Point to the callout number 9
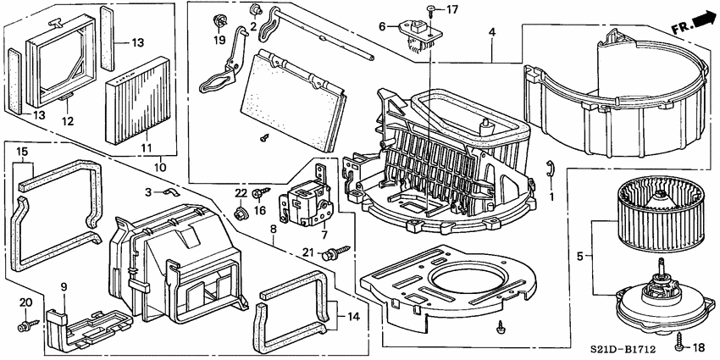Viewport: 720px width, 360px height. [64, 286]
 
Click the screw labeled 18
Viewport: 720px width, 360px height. [679, 346]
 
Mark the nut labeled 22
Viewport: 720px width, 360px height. [240, 211]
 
